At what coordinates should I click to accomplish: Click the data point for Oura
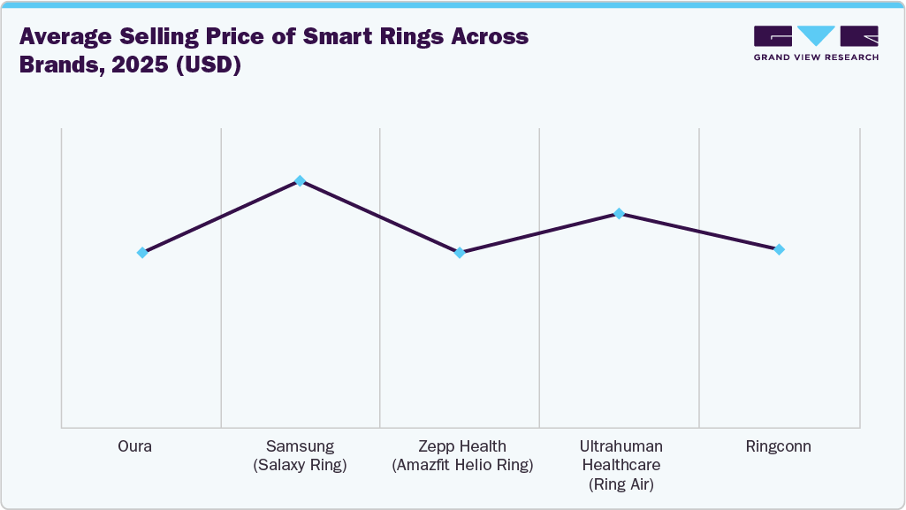tap(142, 253)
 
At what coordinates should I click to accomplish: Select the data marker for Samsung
tap(300, 180)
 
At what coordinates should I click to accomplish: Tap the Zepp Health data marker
tap(460, 253)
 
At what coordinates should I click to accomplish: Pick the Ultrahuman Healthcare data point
tap(620, 213)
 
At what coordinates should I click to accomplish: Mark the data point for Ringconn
tap(779, 249)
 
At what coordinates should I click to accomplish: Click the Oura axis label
tap(134, 446)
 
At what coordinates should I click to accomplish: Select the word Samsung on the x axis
tap(300, 446)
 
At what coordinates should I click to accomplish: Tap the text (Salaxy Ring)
tap(300, 465)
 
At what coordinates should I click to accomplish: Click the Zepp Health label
tap(461, 446)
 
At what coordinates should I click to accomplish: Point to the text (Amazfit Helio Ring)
tap(461, 465)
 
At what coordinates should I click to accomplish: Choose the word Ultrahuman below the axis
tap(620, 446)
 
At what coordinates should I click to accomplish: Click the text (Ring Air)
tap(620, 483)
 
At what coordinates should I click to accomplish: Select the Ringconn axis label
tap(779, 446)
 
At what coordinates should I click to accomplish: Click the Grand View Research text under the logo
tap(816, 57)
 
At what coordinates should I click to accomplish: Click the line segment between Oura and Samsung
tap(221, 217)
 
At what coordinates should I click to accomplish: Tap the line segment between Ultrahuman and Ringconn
tap(699, 232)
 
